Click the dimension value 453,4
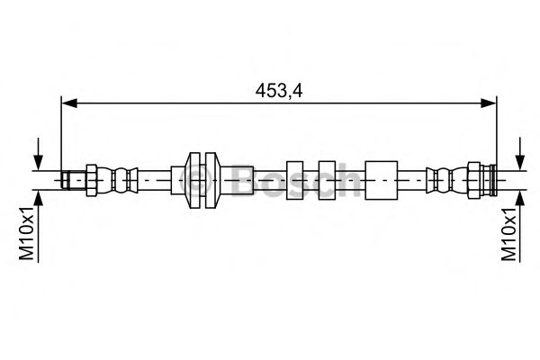click(x=278, y=90)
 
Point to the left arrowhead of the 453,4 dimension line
click(x=67, y=105)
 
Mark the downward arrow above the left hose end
click(x=38, y=155)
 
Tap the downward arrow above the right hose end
click(x=518, y=155)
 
